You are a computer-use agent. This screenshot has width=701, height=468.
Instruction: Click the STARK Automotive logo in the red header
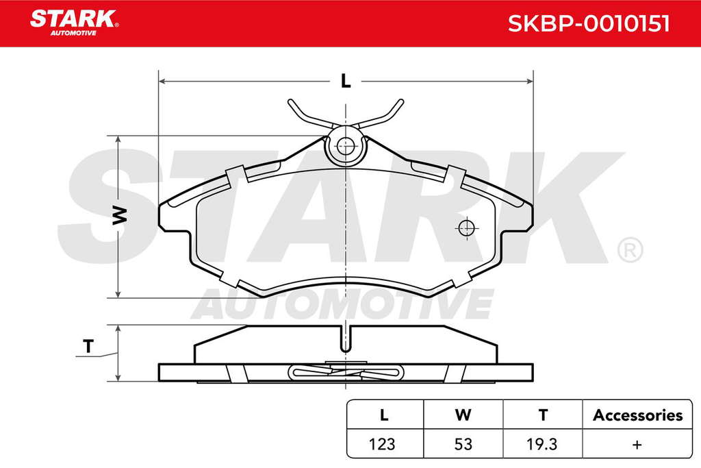coord(74,23)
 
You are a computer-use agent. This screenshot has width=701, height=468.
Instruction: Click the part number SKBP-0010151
coord(589,23)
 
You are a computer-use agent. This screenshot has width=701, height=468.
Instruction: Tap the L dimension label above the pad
coord(346,81)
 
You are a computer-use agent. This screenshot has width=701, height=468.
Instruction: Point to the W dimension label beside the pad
coord(119,216)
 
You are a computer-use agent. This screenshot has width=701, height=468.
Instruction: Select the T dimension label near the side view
coord(88,346)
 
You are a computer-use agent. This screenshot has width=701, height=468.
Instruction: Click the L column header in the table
coord(383,415)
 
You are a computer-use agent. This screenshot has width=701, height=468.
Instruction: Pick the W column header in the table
coord(463,415)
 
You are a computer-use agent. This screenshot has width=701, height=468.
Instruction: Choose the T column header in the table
coord(543,415)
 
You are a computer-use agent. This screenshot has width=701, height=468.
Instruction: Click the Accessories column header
coord(637,415)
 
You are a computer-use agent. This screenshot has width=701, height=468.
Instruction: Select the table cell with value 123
coord(382,444)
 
